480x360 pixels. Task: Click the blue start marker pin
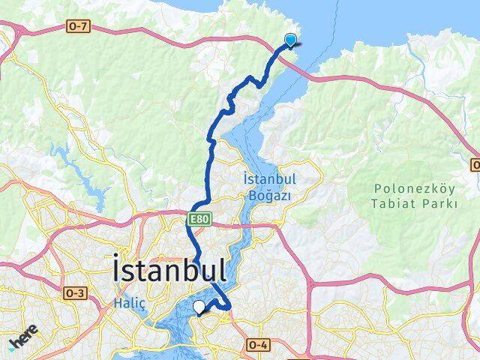coord(290,41)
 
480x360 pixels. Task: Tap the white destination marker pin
coord(199,307)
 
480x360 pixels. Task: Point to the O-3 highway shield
coord(75,291)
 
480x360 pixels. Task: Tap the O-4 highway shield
coord(256,344)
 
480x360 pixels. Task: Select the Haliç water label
coord(125,301)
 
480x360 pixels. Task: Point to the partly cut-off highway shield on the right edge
coord(475,163)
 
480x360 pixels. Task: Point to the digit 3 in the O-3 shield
coord(80,291)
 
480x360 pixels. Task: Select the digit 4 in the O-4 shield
coord(262,344)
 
